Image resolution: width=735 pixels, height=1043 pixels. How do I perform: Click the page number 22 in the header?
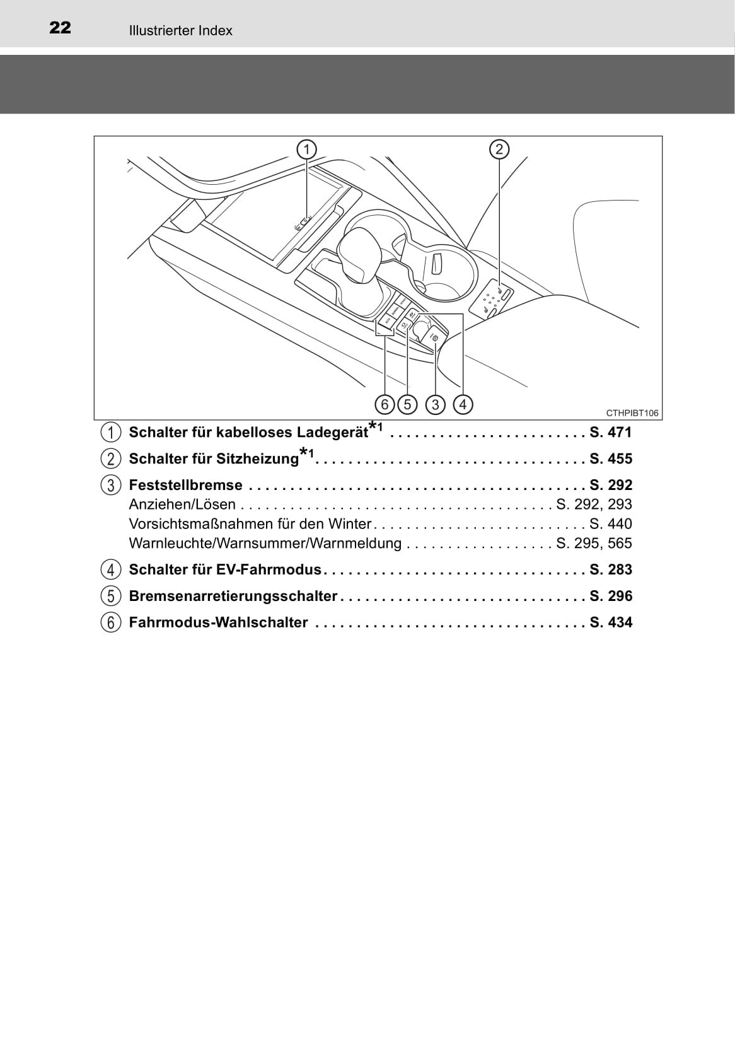60,28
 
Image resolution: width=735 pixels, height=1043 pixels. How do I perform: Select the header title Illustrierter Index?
180,30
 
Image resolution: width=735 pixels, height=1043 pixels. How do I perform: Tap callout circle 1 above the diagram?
306,149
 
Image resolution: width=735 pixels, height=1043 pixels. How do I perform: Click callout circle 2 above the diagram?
499,149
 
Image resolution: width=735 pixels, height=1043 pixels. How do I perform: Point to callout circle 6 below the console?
385,404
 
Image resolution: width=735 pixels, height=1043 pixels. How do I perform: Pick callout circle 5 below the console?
407,404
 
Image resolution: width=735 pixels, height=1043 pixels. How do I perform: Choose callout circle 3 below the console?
435,404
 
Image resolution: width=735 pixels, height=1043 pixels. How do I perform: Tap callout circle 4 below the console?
463,404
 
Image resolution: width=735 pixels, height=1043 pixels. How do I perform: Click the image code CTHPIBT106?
632,413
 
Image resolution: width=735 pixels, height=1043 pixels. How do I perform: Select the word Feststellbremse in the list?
185,485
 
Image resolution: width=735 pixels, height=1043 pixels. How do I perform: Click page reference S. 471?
610,432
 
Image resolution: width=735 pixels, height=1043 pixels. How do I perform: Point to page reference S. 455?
610,458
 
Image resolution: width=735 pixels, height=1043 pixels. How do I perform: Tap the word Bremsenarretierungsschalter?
233,596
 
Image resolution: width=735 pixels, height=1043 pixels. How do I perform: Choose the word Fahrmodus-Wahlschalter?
218,622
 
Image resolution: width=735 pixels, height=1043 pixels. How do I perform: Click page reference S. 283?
610,569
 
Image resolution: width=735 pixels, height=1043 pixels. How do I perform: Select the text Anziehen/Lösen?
182,504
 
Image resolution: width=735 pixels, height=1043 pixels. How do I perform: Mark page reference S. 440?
610,523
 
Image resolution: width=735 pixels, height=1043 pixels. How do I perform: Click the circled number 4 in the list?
111,569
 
